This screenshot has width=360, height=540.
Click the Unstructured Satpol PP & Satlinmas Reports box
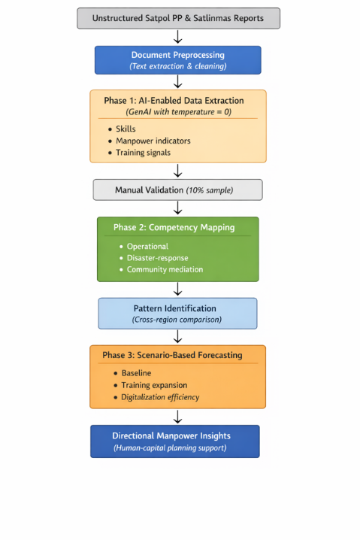point(178,18)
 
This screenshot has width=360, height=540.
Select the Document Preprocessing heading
point(178,55)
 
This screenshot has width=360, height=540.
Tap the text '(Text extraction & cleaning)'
point(178,66)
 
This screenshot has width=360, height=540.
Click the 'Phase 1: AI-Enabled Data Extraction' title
point(174,101)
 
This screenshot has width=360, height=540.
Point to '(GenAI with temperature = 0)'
point(178,112)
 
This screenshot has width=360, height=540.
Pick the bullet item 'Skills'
point(126,129)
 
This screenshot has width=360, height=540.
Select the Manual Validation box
point(177,190)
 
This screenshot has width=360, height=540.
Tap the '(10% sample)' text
point(210,190)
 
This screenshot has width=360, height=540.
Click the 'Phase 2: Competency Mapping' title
point(174,227)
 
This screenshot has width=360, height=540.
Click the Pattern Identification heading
point(175,308)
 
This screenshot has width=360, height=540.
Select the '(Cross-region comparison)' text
point(177,320)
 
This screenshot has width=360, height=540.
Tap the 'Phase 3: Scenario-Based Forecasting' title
point(172,355)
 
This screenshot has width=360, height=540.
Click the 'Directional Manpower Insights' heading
point(171,436)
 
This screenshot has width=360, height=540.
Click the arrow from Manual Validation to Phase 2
point(177,208)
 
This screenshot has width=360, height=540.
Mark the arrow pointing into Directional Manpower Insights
point(177,417)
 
